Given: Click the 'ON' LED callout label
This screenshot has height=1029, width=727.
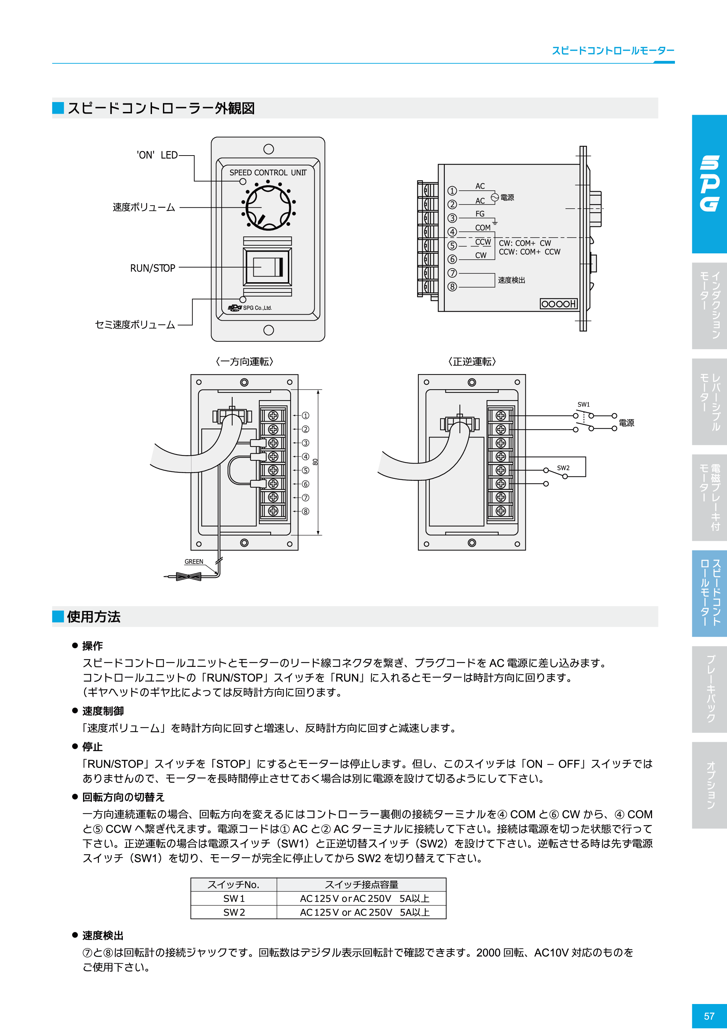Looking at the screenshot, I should coord(157,155).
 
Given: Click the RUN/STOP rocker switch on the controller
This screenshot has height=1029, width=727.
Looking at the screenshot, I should coord(267,267).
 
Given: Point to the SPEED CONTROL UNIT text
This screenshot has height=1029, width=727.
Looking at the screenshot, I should coord(267,172).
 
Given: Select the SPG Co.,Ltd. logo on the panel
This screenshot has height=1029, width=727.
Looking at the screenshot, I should coord(250,308).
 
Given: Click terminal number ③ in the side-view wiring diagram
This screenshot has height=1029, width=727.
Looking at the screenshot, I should coord(452,218).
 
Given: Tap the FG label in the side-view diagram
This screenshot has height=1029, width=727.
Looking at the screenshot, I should coord(480,214).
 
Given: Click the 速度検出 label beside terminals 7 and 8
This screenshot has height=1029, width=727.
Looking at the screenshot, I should coord(511,280).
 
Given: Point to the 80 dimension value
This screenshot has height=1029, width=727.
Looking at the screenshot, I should coord(316,462).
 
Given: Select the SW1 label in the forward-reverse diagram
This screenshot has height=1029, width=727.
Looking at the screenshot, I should coord(583,404).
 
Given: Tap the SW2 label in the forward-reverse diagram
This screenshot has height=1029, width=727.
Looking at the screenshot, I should coord(563,468).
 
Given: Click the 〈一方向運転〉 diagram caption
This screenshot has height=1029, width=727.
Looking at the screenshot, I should coord(244,362).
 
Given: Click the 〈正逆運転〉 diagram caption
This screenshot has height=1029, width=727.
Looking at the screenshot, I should coord(472,362).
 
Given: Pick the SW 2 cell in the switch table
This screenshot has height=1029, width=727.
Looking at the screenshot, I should coord(234,912).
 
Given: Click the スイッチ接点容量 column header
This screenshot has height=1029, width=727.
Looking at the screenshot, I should coord(361,885).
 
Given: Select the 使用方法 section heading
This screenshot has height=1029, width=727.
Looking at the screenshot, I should coord(94,617).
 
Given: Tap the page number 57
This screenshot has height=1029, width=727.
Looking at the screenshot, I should coord(709,1016).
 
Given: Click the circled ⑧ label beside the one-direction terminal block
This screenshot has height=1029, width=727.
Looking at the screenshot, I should coord(305,511).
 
